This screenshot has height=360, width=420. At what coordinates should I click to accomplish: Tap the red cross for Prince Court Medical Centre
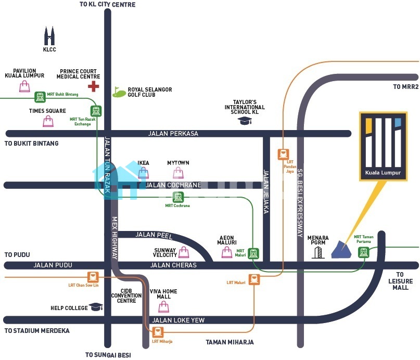[x=94, y=86]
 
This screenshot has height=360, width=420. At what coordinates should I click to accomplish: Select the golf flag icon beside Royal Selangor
[x=119, y=92]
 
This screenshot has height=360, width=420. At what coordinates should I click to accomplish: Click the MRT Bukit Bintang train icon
[x=40, y=97]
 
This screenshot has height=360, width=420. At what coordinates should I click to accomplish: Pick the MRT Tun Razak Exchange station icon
[x=96, y=111]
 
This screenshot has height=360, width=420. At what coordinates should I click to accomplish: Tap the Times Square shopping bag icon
[x=48, y=121]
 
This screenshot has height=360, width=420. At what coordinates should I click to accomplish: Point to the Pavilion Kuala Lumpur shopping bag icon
[x=24, y=86]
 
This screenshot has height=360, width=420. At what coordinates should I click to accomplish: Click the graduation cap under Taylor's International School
[x=244, y=121]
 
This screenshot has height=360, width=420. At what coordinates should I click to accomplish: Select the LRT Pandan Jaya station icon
[x=283, y=154]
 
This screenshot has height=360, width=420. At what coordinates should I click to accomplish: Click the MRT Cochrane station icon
[x=178, y=197]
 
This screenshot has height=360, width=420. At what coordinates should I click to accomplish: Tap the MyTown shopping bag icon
[x=178, y=173]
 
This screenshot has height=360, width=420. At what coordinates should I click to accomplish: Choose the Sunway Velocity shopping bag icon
[x=184, y=252]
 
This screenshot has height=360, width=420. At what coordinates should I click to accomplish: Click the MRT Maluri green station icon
[x=253, y=253]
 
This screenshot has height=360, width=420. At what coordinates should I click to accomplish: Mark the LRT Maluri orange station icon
[x=254, y=279]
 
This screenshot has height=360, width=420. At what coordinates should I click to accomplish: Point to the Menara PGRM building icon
[x=317, y=252]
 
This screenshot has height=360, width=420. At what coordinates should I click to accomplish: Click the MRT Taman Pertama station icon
[x=363, y=252]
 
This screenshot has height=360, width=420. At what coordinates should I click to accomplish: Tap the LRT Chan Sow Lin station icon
[x=93, y=276]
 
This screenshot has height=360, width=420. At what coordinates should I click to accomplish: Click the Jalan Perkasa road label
[x=173, y=134]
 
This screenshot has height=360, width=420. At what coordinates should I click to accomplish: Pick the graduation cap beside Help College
[x=96, y=307]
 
